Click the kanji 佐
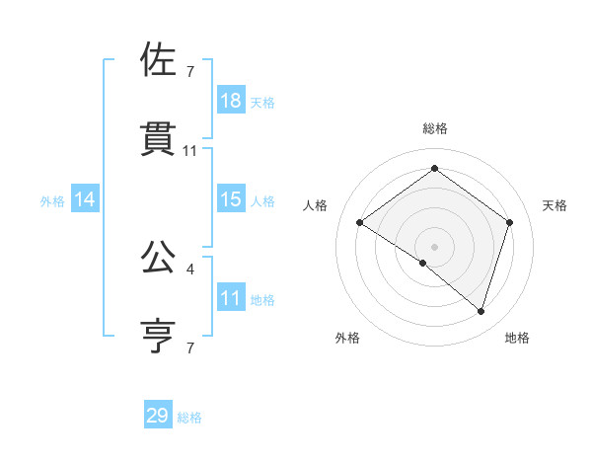coord(157,61)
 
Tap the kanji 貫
coord(157,140)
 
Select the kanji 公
coord(157,258)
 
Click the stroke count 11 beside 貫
coord(190,151)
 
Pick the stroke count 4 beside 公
coord(190,268)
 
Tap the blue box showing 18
coord(231,101)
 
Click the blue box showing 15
coord(231,199)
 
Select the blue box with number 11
coord(231,298)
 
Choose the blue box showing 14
coord(85,199)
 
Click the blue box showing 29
coord(158,416)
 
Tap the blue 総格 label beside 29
coord(189,418)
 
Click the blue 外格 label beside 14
coord(52,201)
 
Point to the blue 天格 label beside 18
coord(262,103)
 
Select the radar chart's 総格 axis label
coord(435,128)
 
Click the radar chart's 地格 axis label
coord(517,338)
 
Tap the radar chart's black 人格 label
coord(316,205)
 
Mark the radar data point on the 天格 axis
coord(510,223)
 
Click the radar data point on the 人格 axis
coord(360,223)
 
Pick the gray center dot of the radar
coord(435,246)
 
